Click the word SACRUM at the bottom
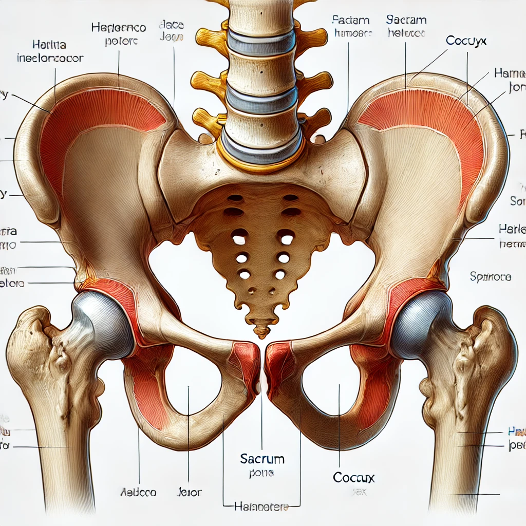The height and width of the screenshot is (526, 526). (x=262, y=458)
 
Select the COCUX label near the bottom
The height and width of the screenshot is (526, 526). (x=353, y=478)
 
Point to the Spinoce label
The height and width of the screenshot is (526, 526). (x=490, y=277)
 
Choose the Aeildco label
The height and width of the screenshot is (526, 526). (x=139, y=492)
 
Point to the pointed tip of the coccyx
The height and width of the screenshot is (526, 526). (x=262, y=334)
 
